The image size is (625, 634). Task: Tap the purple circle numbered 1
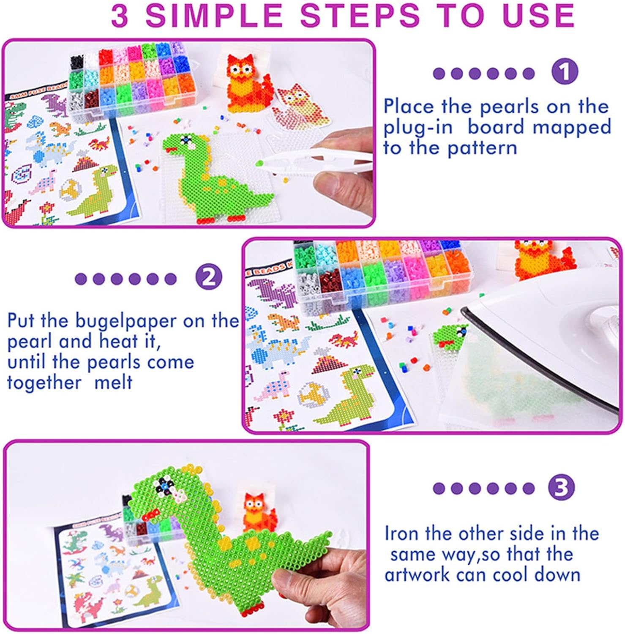565,71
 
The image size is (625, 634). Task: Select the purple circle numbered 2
209,278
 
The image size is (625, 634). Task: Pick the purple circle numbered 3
561,488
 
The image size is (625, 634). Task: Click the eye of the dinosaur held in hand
162,489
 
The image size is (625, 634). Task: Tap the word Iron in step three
401,533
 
